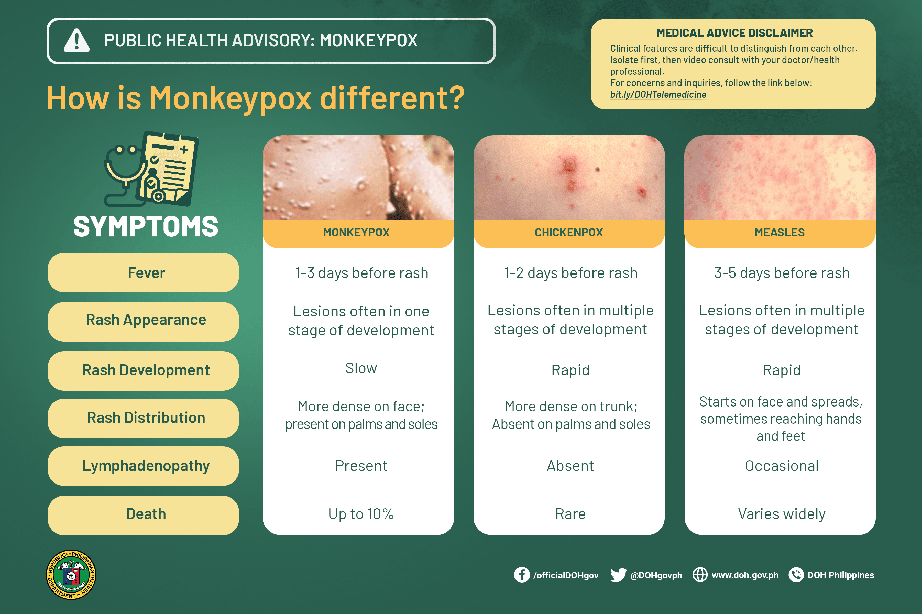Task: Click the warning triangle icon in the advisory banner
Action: pyautogui.click(x=77, y=41)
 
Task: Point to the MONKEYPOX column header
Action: pyautogui.click(x=357, y=233)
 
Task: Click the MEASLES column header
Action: pyautogui.click(x=780, y=233)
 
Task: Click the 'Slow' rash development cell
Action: pyautogui.click(x=360, y=368)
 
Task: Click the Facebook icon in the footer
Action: pyautogui.click(x=521, y=575)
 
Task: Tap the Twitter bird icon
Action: pyautogui.click(x=618, y=575)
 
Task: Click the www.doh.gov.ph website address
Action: pyautogui.click(x=745, y=575)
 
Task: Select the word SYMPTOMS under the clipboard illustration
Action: pyautogui.click(x=146, y=227)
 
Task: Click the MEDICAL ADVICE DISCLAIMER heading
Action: pyautogui.click(x=734, y=33)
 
